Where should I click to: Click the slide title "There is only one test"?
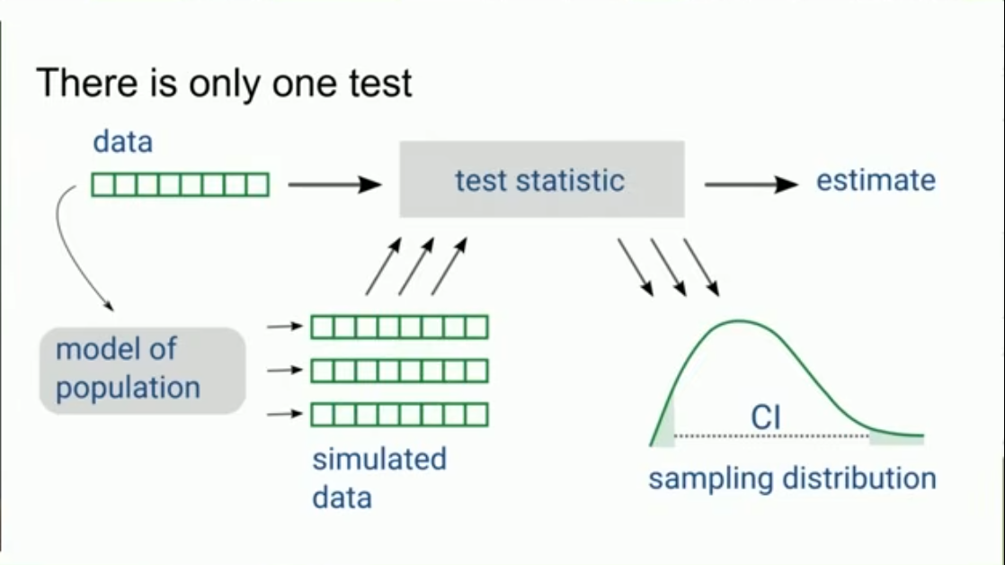pos(224,84)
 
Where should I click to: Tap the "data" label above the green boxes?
pos(122,141)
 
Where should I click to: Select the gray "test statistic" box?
pos(541,179)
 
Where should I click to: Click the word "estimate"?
pos(875,180)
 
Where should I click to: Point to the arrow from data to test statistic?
pos(334,185)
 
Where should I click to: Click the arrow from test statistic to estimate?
pos(751,185)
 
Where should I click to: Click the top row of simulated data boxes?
pos(399,327)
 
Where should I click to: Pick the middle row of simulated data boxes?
pos(399,370)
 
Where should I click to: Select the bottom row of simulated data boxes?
pos(399,414)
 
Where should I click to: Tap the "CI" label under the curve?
pos(765,418)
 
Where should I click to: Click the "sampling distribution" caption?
pos(792,478)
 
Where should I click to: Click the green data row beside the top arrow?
pos(180,184)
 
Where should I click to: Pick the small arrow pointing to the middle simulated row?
pos(285,370)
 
